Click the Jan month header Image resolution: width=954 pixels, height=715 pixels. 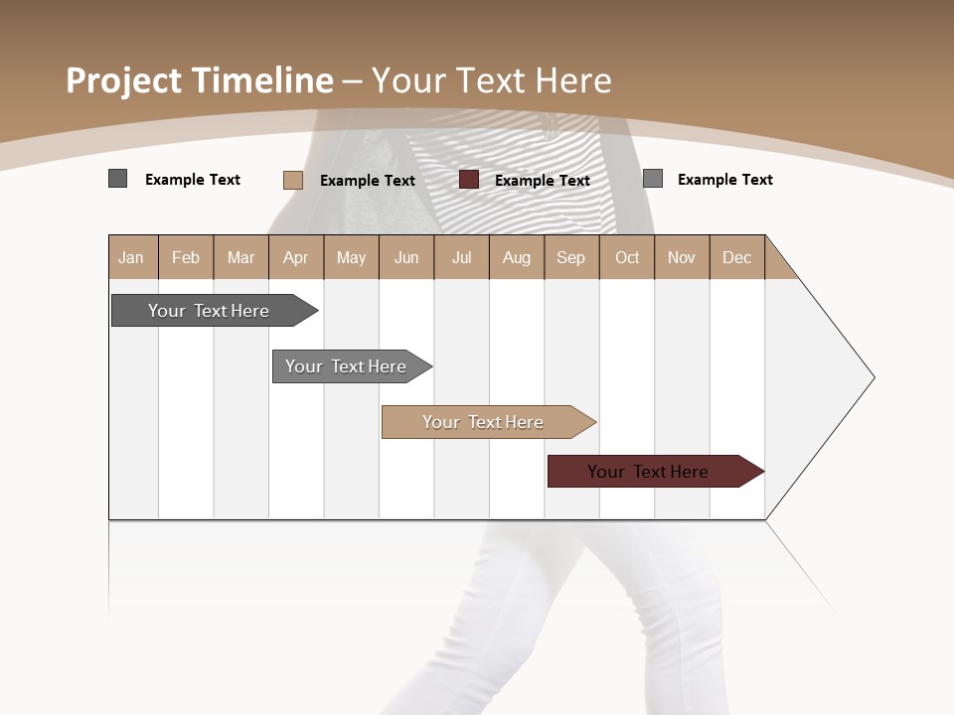coord(131,257)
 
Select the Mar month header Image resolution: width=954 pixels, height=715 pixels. coord(240,257)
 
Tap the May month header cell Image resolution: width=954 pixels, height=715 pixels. coord(351,257)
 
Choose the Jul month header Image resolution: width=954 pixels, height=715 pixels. coord(461,257)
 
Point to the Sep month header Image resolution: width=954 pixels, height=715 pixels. coord(570,257)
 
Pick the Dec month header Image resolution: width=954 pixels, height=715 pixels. coord(736,257)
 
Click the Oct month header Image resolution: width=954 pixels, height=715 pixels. coord(627,257)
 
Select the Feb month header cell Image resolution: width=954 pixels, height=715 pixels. coord(186,257)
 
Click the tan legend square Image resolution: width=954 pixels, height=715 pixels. coord(293,180)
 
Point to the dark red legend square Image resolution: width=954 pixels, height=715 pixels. coord(469,179)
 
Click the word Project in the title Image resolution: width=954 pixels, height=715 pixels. coord(124,80)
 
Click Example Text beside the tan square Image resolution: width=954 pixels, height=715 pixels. coord(368,181)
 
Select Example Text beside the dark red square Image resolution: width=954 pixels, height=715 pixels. coord(543,181)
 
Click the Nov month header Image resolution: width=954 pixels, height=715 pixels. coord(682,257)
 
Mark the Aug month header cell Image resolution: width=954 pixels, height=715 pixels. coord(516,257)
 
